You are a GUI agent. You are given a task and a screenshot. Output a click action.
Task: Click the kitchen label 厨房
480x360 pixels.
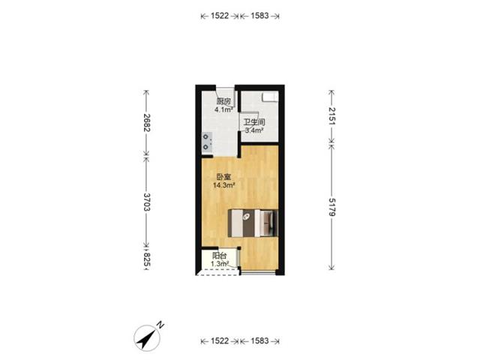click(x=223, y=101)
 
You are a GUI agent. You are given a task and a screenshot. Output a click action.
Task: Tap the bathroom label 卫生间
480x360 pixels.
click(x=254, y=122)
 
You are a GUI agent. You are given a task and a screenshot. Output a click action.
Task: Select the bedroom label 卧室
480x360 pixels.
click(x=223, y=177)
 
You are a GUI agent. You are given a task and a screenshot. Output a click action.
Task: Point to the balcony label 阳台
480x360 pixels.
click(x=220, y=256)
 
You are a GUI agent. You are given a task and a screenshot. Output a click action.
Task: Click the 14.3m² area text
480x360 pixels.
click(x=224, y=185)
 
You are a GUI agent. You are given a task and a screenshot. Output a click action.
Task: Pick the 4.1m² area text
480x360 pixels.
click(x=223, y=109)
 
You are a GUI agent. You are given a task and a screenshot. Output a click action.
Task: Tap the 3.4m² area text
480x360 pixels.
click(x=255, y=130)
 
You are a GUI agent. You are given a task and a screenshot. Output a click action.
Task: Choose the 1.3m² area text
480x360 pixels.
click(x=220, y=263)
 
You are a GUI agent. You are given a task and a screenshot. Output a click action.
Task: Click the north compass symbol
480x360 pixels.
click(x=147, y=338)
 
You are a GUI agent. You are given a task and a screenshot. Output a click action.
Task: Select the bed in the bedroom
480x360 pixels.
click(x=253, y=223)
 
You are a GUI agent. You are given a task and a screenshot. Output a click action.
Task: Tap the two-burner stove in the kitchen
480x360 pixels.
click(x=207, y=142)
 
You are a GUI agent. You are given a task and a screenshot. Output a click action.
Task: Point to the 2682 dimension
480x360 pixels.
click(x=147, y=122)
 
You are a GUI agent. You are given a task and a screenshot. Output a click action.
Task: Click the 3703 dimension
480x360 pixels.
click(x=147, y=202)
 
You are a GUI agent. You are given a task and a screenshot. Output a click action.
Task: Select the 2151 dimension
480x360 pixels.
click(x=332, y=115)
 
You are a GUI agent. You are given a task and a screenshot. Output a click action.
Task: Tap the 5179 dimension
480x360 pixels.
click(x=332, y=207)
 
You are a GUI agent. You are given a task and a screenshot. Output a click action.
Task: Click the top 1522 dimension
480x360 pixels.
click(x=220, y=16)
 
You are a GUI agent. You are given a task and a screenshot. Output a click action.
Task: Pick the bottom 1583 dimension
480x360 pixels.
click(x=259, y=340)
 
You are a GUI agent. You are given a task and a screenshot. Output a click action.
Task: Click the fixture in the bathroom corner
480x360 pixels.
click(x=270, y=97)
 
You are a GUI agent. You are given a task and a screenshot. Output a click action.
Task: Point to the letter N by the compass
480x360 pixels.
click(x=160, y=325)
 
